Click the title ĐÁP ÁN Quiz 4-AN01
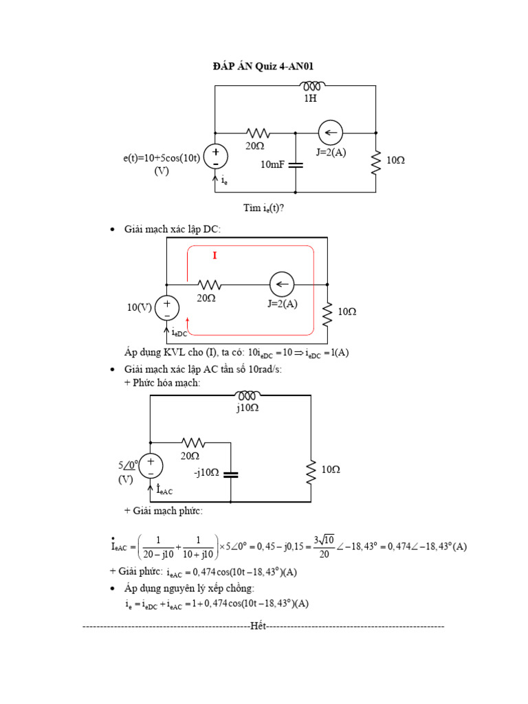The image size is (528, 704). [x=264, y=66]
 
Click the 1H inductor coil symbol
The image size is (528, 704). [x=311, y=86]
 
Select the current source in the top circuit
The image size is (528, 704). [x=331, y=133]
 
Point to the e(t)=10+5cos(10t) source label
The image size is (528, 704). [x=162, y=159]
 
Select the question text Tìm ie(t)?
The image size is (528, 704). [x=263, y=208]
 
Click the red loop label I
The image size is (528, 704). [x=214, y=256]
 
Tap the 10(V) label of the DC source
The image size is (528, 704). [x=139, y=307]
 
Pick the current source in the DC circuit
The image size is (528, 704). [x=281, y=284]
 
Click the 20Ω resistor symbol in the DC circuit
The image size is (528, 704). [x=209, y=284]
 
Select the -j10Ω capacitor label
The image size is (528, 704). [x=206, y=472]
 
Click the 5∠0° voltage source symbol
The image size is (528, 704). [x=151, y=465]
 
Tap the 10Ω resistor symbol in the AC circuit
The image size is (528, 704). [x=311, y=470]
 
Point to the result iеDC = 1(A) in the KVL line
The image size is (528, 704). [x=322, y=353]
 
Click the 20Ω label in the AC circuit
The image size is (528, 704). [x=190, y=456]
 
